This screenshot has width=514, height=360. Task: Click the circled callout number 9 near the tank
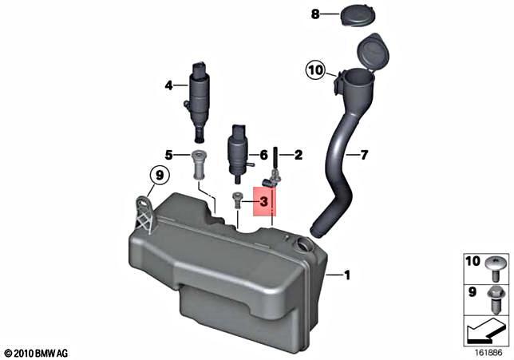point(158,175)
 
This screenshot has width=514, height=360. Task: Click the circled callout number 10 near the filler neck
point(315,71)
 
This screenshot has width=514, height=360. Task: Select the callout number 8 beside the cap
point(314,14)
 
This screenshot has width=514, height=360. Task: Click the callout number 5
point(169,154)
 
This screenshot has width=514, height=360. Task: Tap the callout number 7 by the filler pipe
point(363,155)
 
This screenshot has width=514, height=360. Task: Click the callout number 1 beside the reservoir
point(346,276)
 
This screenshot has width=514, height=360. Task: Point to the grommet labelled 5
point(198,165)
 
